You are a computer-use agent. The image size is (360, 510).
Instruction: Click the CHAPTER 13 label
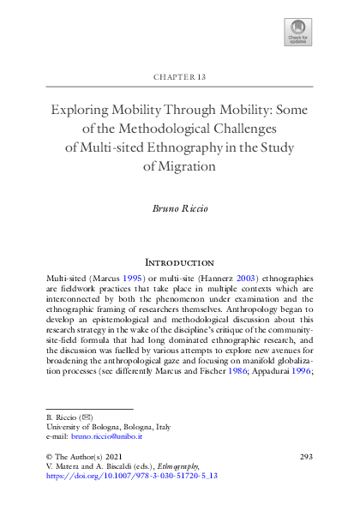[180, 77]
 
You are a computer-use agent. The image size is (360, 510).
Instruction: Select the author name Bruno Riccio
[180, 209]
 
